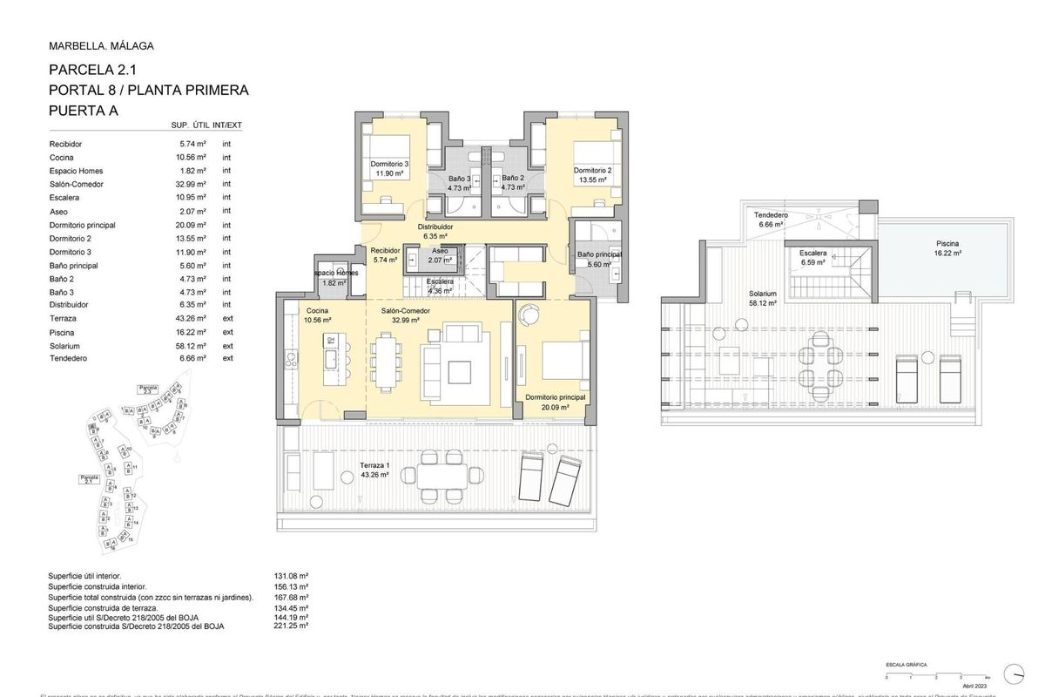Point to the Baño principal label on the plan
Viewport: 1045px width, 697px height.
pyautogui.click(x=599, y=254)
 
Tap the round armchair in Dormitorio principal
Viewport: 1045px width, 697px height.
pyautogui.click(x=528, y=315)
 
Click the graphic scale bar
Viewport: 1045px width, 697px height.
pyautogui.click(x=936, y=672)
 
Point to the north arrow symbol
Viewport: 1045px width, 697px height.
pyautogui.click(x=1015, y=672)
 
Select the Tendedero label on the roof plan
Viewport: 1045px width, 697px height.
pyautogui.click(x=771, y=215)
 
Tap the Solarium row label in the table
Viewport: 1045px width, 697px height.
pyautogui.click(x=67, y=345)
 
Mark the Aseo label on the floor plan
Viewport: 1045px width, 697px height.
pyautogui.click(x=440, y=250)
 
